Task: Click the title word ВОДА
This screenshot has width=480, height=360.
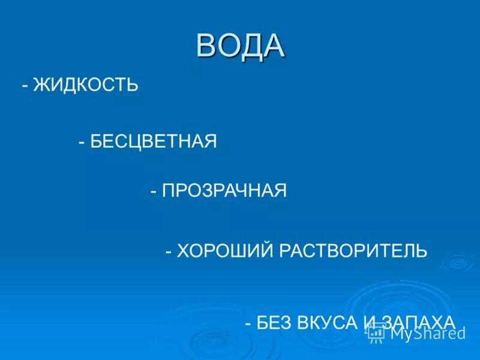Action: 240,46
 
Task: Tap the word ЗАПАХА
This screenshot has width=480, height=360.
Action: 418,322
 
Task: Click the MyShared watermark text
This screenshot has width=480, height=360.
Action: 428,333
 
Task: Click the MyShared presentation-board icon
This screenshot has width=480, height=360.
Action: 376,333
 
